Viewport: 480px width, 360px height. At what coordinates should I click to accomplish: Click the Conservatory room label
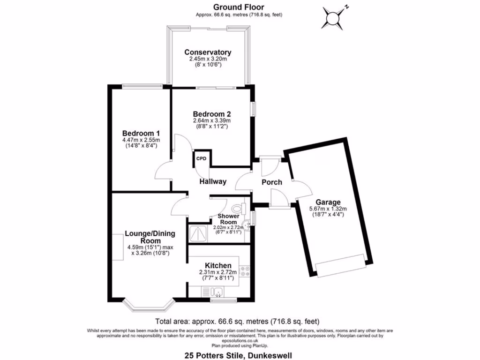[x=208, y=52]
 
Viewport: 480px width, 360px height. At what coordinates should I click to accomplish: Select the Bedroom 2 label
[x=212, y=114]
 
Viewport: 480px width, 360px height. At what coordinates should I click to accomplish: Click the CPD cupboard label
[x=201, y=158]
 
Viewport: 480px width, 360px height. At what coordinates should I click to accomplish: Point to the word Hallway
[x=213, y=181]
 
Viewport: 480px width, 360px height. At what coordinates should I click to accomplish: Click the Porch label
[x=272, y=182]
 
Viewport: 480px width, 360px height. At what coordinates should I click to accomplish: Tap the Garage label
[x=328, y=202]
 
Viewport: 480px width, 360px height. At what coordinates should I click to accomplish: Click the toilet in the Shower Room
[x=238, y=208]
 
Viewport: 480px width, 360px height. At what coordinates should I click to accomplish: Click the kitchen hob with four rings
[x=244, y=271]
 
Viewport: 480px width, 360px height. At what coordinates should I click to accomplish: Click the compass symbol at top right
[x=333, y=17]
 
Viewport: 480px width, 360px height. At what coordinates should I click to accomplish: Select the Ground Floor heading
[x=239, y=7]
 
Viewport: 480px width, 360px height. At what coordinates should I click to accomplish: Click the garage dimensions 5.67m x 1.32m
[x=328, y=209]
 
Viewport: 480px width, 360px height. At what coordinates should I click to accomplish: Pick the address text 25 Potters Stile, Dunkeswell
[x=239, y=355]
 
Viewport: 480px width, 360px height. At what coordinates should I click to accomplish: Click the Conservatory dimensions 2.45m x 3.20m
[x=208, y=59]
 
